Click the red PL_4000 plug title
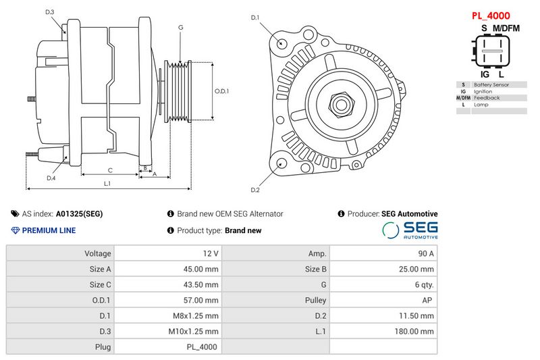point(490,15)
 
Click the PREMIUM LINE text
point(49,230)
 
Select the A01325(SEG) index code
point(79,213)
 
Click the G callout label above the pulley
point(180,27)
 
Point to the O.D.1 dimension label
point(222,91)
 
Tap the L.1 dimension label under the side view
point(107,183)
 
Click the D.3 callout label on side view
point(51,11)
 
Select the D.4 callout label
point(51,178)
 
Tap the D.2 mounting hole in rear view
point(280,163)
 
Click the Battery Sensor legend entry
point(491,84)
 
